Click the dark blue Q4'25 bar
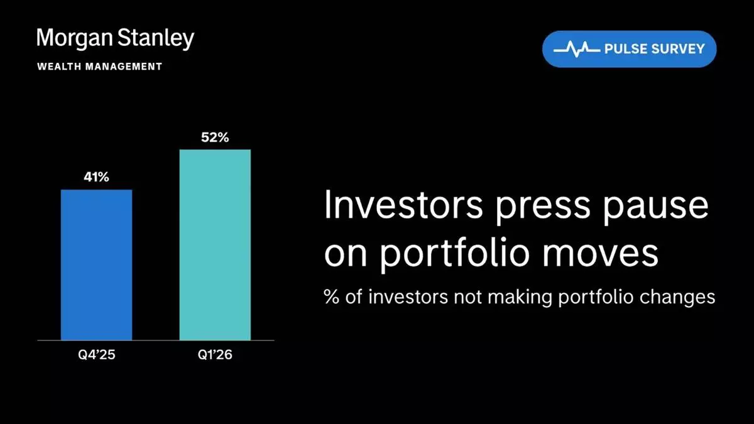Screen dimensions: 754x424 pos(96,265)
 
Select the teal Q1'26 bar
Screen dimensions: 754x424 pos(215,244)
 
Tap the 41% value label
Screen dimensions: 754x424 pos(96,177)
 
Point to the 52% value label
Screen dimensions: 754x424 pos(215,138)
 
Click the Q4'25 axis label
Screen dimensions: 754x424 pos(97,355)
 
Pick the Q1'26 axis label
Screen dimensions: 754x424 pos(215,355)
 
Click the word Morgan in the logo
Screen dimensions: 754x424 pos(75,39)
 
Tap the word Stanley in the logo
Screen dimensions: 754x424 pos(156,39)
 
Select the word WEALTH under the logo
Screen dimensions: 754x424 pos(59,67)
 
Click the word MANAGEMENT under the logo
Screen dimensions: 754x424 pos(124,67)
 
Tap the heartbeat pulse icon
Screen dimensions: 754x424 pos(577,50)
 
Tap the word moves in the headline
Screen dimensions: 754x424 pos(600,256)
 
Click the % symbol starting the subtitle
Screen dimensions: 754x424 pos(332,296)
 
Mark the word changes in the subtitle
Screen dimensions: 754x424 pos(677,298)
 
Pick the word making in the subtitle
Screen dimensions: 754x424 pos(520,298)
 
